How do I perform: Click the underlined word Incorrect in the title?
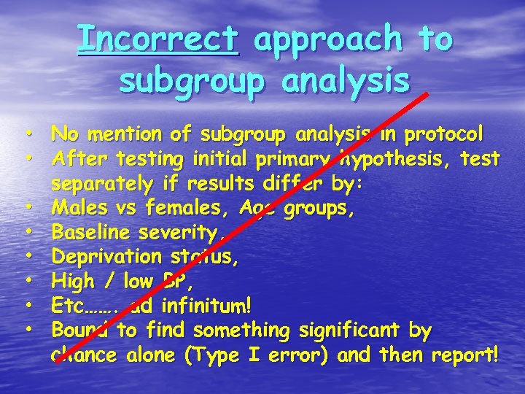(158, 38)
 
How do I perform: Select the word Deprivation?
(106, 258)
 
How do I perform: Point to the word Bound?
(80, 331)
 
